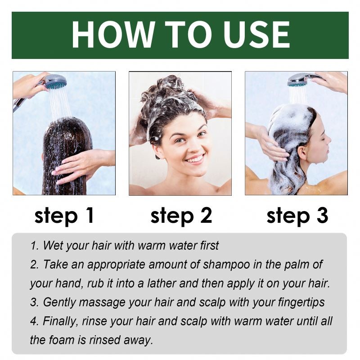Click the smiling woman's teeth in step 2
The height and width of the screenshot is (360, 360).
195,159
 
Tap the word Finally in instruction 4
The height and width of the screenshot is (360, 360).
60,321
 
